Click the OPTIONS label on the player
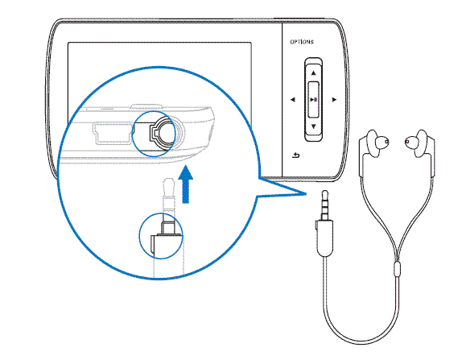(302, 42)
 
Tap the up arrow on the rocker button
(314, 72)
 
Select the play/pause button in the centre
(314, 100)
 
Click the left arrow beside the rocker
(293, 100)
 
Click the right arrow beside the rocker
(334, 100)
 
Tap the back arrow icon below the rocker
(296, 155)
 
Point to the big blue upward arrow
(186, 184)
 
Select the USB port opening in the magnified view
(113, 133)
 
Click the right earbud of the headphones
(419, 143)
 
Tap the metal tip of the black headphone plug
(324, 205)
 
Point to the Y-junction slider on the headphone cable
(397, 268)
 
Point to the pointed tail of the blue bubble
(306, 194)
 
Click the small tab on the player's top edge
(146, 106)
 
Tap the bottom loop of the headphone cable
(361, 343)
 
